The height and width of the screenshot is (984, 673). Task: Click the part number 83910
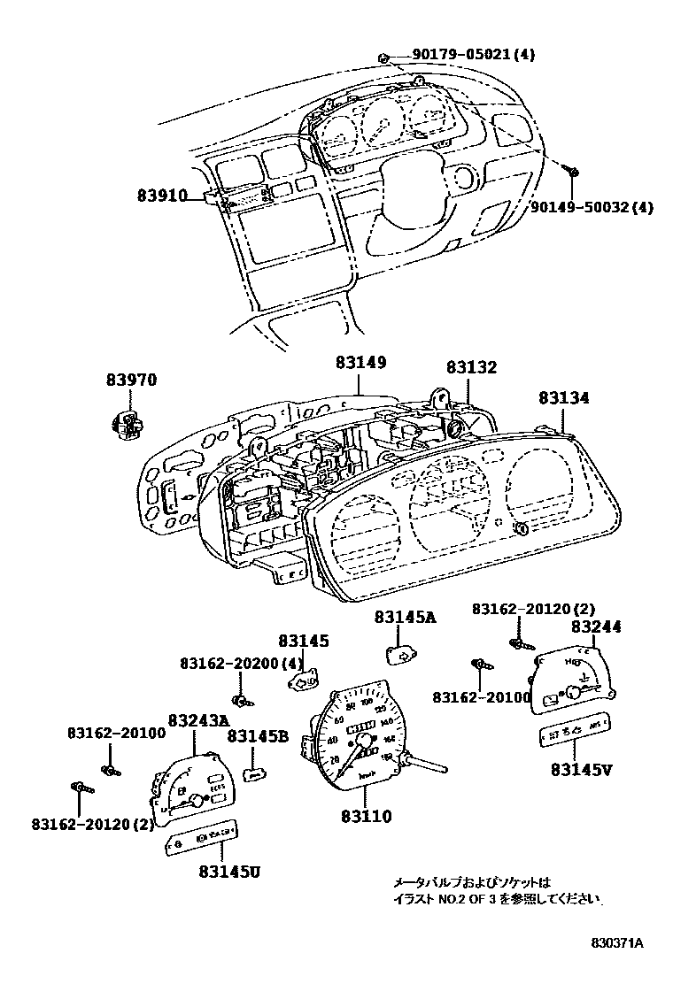pos(161,195)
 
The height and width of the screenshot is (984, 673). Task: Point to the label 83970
pos(132,380)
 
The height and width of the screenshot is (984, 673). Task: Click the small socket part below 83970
pos(128,424)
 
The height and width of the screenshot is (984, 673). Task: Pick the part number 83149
pos(360,363)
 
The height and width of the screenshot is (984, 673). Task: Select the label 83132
pos(471,367)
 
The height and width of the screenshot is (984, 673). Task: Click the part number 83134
pos(561,399)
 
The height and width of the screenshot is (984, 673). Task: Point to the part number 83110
pos(367,817)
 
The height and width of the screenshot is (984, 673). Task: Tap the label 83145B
pos(258,735)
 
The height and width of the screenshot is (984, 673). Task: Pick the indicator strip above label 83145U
pos(204,836)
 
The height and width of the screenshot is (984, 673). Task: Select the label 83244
pos(596,627)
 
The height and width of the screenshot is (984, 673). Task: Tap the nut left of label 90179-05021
pos(383,58)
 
